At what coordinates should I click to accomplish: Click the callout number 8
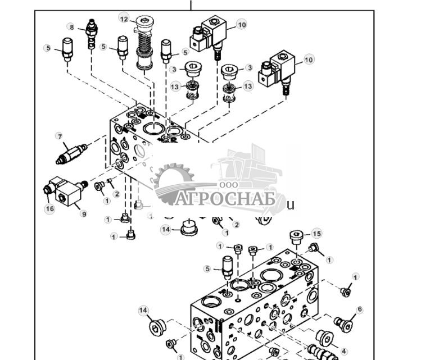pyautogui.click(x=71, y=27)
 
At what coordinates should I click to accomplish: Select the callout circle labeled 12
pyautogui.click(x=124, y=19)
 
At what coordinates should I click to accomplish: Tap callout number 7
pyautogui.click(x=58, y=136)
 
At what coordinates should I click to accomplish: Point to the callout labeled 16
pyautogui.click(x=49, y=209)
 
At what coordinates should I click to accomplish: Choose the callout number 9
pyautogui.click(x=84, y=214)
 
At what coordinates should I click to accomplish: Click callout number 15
pyautogui.click(x=316, y=233)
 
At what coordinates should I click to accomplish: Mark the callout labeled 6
pyautogui.click(x=360, y=309)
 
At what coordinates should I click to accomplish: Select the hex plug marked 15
pyautogui.click(x=297, y=238)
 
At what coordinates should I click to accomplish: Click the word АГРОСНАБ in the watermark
pyautogui.click(x=224, y=199)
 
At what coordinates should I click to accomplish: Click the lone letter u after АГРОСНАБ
pyautogui.click(x=291, y=205)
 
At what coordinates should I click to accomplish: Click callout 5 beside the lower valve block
pyautogui.click(x=207, y=269)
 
